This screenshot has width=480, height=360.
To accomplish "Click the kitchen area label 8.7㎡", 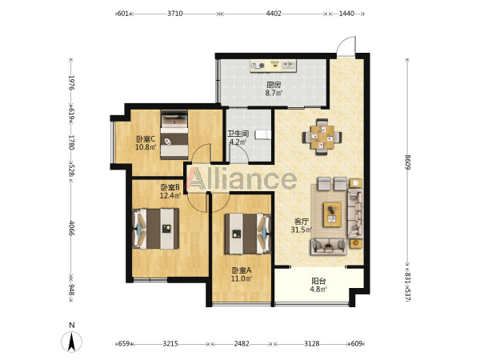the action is (x=274, y=93).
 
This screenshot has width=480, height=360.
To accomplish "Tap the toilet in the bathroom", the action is (x=263, y=134).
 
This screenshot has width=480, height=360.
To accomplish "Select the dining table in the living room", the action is (x=322, y=137).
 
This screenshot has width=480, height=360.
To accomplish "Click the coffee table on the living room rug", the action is (x=333, y=214).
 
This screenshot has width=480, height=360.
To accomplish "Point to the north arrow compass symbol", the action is (x=72, y=342).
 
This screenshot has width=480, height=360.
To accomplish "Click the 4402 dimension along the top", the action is (x=274, y=14).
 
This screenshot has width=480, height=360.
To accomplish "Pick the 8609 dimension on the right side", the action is (x=407, y=162).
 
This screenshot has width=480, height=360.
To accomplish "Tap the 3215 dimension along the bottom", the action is (x=170, y=344).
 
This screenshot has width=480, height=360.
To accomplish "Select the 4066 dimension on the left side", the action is (x=71, y=228).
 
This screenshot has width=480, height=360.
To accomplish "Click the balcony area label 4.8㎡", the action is (x=318, y=289).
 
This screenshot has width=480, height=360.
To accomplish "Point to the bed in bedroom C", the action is (x=174, y=134).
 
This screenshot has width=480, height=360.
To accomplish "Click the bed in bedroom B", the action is (x=155, y=229).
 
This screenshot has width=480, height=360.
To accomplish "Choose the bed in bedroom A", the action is (x=248, y=234).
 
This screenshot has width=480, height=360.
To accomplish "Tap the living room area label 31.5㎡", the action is (x=302, y=230).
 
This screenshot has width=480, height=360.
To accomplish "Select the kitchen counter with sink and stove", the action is (x=273, y=66).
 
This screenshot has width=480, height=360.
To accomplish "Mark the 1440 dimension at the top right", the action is (x=346, y=14).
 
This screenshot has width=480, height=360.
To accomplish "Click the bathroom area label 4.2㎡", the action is (x=238, y=142).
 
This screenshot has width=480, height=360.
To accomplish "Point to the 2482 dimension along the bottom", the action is (x=242, y=344).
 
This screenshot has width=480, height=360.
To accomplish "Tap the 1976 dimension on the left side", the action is (x=71, y=82).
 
